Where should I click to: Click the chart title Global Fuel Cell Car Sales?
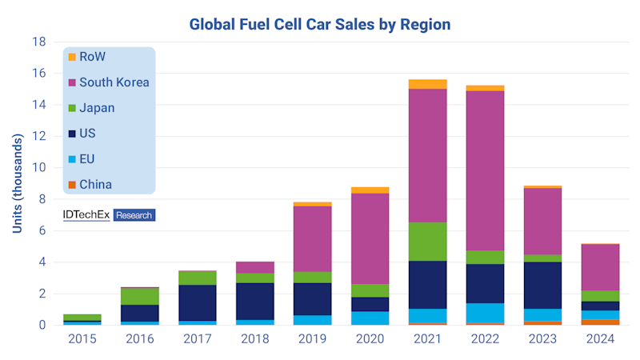319,24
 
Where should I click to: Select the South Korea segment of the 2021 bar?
427,155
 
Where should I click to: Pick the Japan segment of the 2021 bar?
427,242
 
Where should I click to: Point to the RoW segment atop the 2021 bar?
427,84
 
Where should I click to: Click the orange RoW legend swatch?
72,57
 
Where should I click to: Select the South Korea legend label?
114,82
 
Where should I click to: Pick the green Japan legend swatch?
72,108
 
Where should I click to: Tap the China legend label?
95,185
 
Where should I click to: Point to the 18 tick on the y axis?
38,42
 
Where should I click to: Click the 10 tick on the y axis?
38,167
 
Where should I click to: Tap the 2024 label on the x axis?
599,339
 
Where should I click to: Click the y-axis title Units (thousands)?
17,183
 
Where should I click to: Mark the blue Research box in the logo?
134,215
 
